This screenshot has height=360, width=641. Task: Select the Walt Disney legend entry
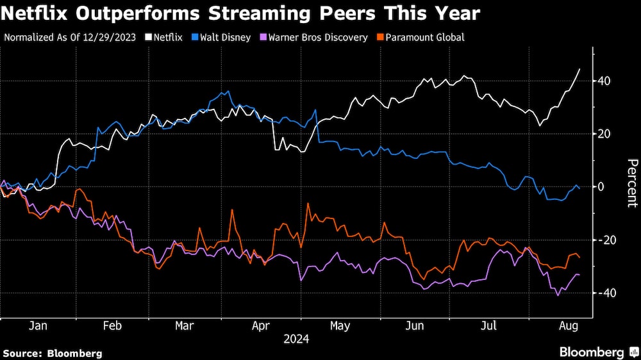(225, 37)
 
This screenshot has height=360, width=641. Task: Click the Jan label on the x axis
(38, 326)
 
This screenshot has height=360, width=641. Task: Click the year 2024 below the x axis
(296, 340)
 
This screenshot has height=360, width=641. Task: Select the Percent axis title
(632, 183)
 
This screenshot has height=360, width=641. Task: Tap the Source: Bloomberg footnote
(53, 353)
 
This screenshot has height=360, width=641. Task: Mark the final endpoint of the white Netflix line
(580, 69)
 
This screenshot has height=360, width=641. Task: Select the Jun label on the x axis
(415, 326)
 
